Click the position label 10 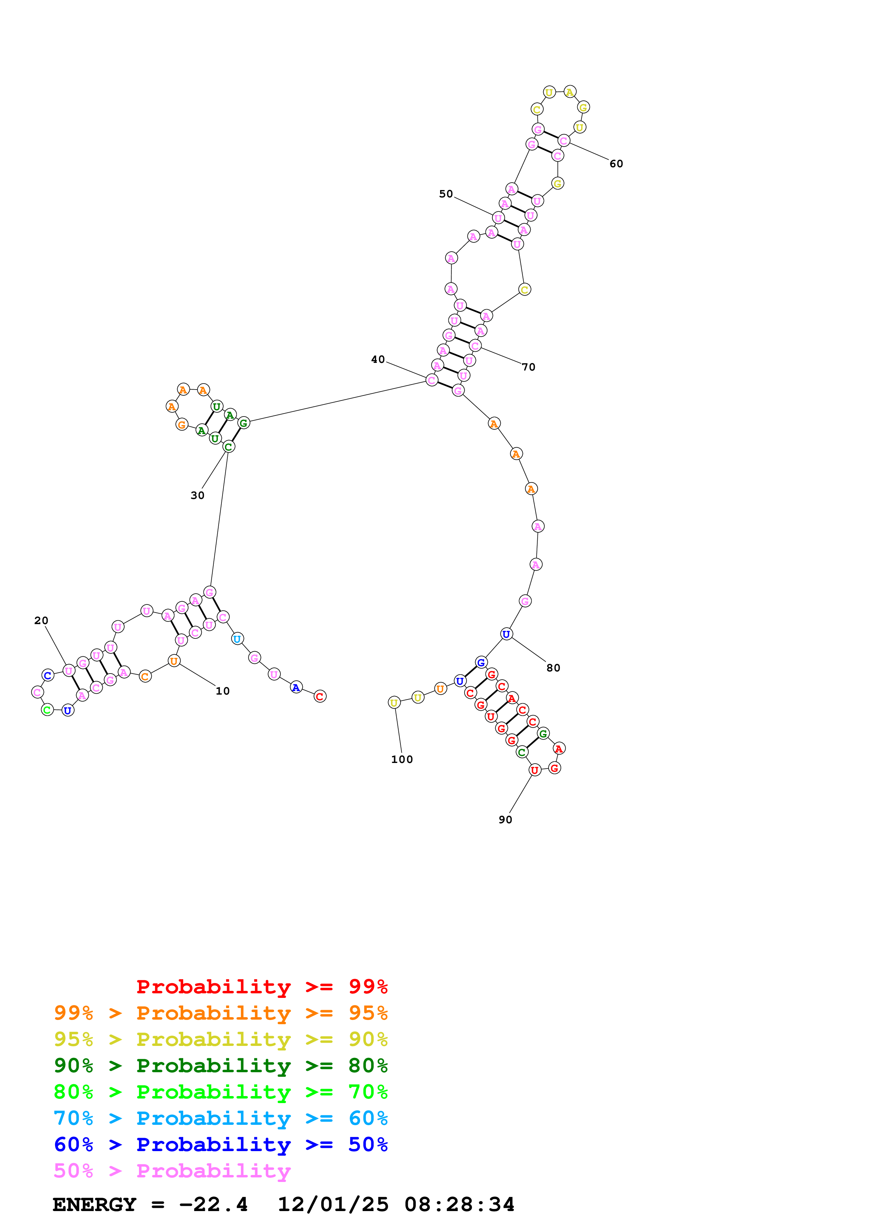click(223, 691)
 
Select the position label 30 click(197, 495)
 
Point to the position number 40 click(378, 359)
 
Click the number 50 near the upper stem click(446, 194)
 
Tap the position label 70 click(529, 367)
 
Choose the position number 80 click(553, 668)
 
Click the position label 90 click(505, 820)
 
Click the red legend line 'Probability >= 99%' click(261, 986)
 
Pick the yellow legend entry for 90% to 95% click(220, 1039)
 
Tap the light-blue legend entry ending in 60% click(220, 1118)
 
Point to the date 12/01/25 click(333, 1204)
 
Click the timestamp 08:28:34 click(459, 1204)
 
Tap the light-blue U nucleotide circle click(237, 638)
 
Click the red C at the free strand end click(319, 696)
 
